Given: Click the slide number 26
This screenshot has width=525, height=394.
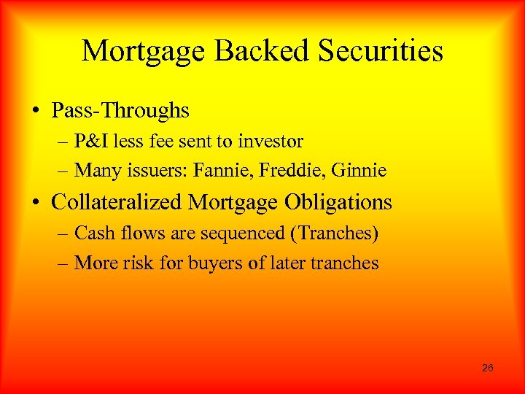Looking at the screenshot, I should click(488, 368).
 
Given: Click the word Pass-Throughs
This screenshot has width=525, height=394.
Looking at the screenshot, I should click(120, 111).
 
